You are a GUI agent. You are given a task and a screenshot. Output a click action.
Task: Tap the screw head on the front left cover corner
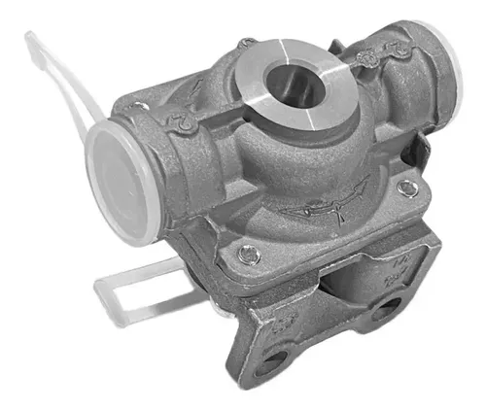click(x=248, y=254)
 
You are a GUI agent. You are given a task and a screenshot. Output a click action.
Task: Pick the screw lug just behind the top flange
click(x=249, y=43)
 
